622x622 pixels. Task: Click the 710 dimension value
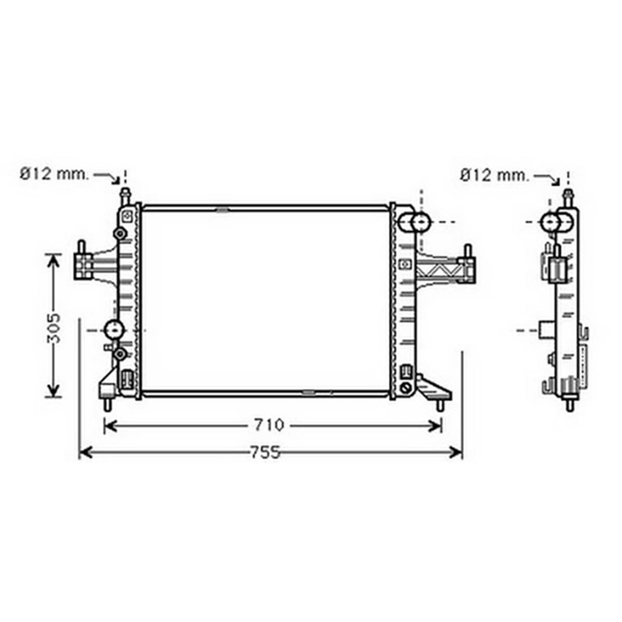tap(269, 425)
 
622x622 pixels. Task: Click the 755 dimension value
tap(265, 452)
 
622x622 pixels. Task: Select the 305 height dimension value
tap(53, 328)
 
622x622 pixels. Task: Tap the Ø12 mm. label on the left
tap(55, 174)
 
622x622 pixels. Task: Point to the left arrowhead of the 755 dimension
tap(86, 452)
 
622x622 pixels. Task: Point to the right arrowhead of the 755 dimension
tap(456, 452)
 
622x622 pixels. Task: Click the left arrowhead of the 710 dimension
tap(110, 426)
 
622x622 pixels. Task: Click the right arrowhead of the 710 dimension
tap(435, 426)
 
